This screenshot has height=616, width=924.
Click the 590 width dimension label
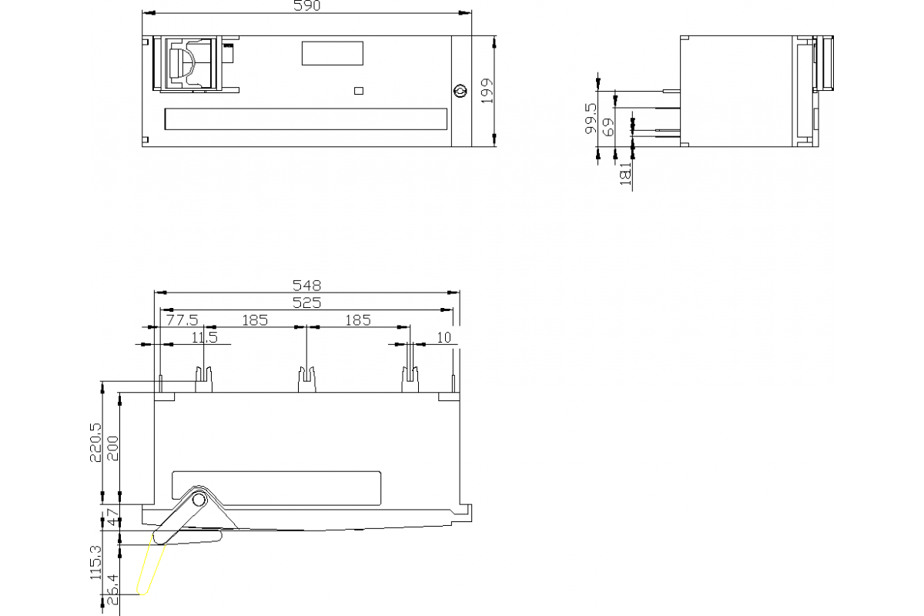tap(306, 6)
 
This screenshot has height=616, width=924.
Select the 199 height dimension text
tap(485, 91)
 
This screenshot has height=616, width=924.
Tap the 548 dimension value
tap(306, 285)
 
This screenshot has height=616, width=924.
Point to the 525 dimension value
tap(306, 303)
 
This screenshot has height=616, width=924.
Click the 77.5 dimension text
tap(182, 320)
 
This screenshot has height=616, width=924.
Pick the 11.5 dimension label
tap(204, 337)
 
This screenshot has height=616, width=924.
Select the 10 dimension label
tap(444, 337)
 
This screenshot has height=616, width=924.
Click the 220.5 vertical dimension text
tap(95, 441)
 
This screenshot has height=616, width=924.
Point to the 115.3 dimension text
tap(95, 562)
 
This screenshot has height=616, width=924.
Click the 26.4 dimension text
tap(112, 589)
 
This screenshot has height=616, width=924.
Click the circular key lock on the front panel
tap(460, 91)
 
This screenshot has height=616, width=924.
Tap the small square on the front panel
tap(358, 91)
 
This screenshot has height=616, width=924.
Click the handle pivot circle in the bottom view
tap(199, 500)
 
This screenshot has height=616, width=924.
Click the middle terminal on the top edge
tap(307, 379)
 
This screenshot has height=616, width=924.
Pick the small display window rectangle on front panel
tap(333, 53)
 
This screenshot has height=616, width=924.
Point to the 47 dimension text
tap(112, 517)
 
